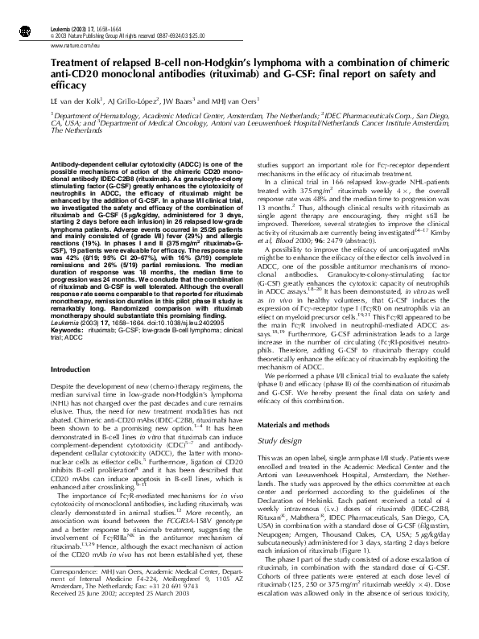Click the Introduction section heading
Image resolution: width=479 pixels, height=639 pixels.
tap(72, 369)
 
